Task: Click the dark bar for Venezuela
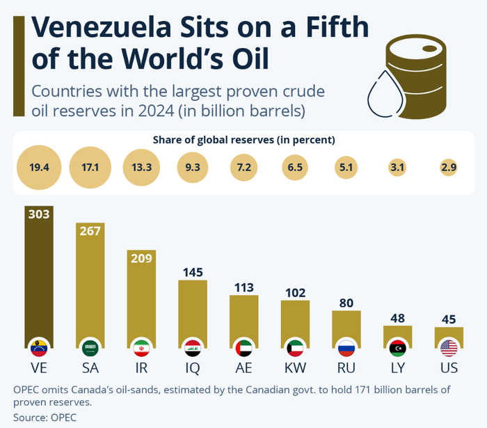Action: (38, 278)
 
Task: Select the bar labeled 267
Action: (90, 285)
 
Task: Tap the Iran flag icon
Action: (141, 347)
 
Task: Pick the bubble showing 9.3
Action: (193, 168)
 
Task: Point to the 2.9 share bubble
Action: (449, 168)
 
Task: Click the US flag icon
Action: (449, 347)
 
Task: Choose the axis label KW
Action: (295, 366)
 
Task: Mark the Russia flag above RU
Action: (346, 347)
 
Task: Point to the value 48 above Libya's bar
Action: (398, 317)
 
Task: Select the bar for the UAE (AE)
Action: (244, 320)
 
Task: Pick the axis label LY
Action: (398, 366)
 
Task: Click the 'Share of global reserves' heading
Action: (244, 140)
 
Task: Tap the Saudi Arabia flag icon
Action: (90, 347)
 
